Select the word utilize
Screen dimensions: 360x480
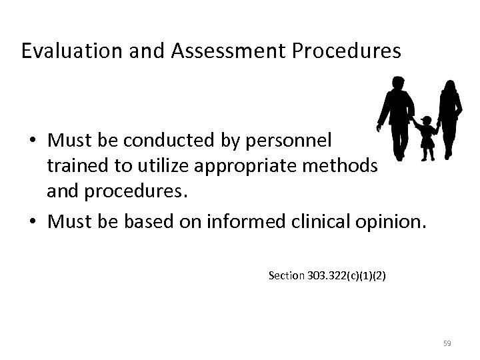(142, 164)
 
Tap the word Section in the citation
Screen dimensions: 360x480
(284, 275)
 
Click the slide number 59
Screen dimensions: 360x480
(447, 343)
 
